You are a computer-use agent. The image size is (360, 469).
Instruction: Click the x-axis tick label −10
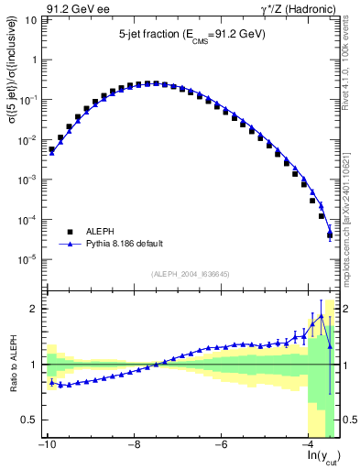pos(46,445)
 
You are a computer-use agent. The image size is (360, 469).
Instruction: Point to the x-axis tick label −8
pos(134,445)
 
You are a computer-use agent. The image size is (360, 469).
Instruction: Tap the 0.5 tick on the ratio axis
pos(30,420)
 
